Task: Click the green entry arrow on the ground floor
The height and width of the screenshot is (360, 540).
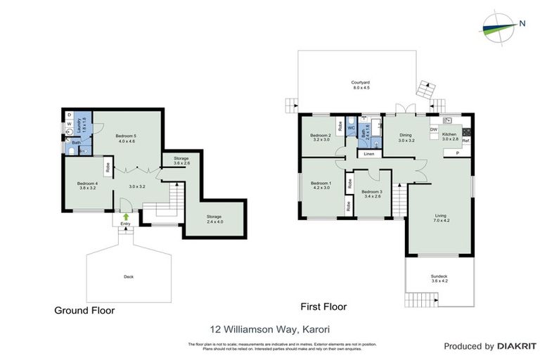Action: pyautogui.click(x=126, y=217)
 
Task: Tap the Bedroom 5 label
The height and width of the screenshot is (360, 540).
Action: pyautogui.click(x=127, y=138)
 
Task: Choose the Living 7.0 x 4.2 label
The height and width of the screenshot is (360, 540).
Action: pyautogui.click(x=441, y=218)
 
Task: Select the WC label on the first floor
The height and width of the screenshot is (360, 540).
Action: pyautogui.click(x=352, y=128)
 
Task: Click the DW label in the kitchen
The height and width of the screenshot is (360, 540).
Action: pyautogui.click(x=433, y=129)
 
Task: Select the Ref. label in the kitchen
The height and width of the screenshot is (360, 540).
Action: pyautogui.click(x=465, y=141)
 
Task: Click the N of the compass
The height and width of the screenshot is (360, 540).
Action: pyautogui.click(x=522, y=24)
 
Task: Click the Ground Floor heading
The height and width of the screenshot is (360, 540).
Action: pyautogui.click(x=84, y=310)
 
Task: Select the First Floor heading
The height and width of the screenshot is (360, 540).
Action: pyautogui.click(x=323, y=307)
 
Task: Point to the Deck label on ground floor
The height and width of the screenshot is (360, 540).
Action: pyautogui.click(x=127, y=276)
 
